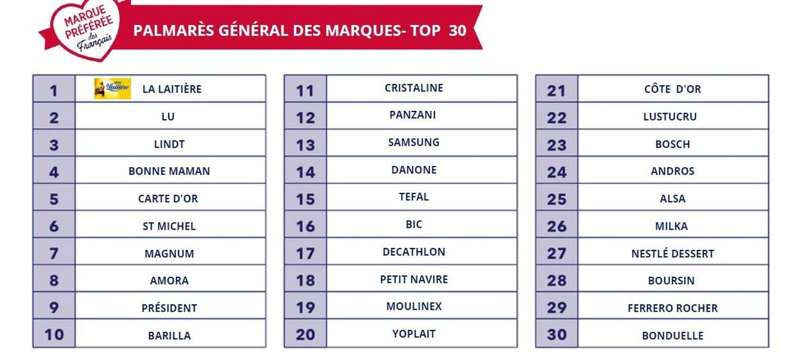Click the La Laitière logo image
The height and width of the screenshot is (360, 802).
point(112,89)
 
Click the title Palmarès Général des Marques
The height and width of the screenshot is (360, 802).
point(300,31)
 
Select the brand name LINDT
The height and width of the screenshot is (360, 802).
point(169,144)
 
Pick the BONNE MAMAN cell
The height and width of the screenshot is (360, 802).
point(169,171)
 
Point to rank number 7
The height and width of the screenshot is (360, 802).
point(54,254)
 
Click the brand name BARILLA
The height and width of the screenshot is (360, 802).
point(169,336)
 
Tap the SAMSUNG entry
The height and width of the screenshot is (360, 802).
point(414,142)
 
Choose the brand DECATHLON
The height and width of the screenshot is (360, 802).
point(414,252)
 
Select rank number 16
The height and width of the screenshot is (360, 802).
point(306,226)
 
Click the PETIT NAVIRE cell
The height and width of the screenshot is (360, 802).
point(414,279)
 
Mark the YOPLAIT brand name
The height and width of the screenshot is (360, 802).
point(414,334)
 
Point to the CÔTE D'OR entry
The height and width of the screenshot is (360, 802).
point(672,89)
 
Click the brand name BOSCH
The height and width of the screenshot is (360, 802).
point(672,144)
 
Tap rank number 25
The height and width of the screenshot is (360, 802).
point(557,199)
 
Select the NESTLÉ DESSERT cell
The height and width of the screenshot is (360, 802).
point(672,254)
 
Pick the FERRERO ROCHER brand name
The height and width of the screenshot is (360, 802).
point(672,308)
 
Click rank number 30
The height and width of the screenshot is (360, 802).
point(557,334)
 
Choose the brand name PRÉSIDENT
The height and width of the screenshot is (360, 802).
point(169,308)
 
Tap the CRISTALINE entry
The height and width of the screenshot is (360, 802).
point(414,88)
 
